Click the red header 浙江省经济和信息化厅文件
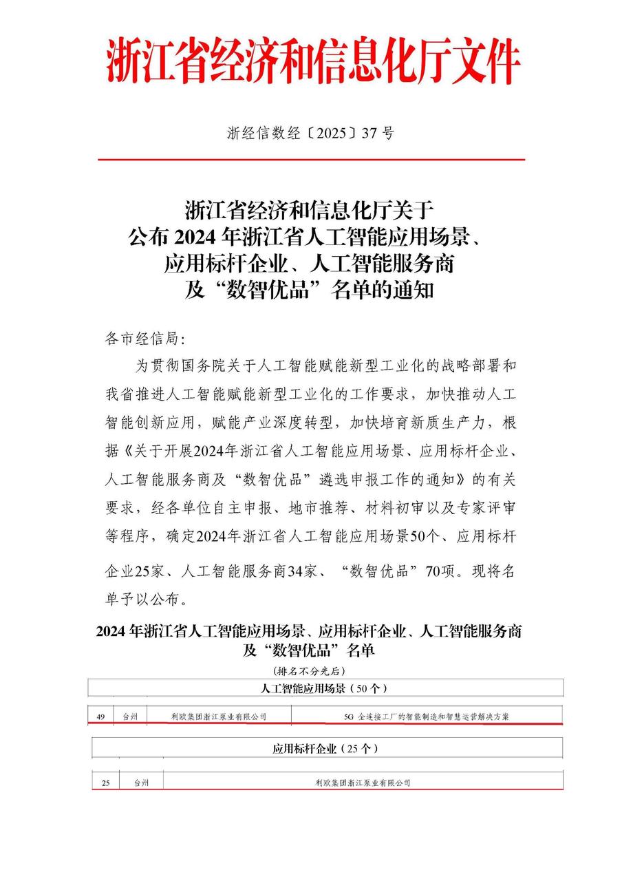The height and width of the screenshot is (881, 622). [x=312, y=62]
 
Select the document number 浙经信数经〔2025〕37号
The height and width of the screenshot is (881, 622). [x=310, y=134]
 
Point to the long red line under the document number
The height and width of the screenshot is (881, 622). [x=311, y=160]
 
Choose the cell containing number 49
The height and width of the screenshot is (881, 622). [x=100, y=717]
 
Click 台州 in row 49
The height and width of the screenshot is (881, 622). [x=130, y=717]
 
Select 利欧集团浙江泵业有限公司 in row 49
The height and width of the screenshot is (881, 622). [x=219, y=717]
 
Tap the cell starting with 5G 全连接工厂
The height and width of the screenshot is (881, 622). [x=426, y=717]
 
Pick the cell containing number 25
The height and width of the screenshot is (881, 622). [x=105, y=783]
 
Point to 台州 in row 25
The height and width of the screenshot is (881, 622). [x=141, y=783]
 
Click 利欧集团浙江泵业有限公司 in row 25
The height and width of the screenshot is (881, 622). [x=363, y=783]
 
